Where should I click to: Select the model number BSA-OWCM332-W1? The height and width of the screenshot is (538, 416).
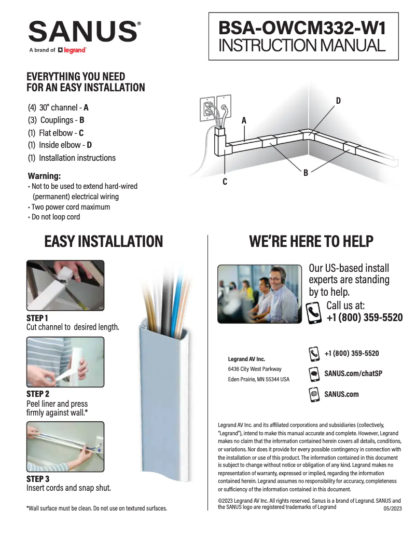pyautogui.click(x=303, y=27)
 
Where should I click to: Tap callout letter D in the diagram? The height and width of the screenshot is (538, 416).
pyautogui.click(x=338, y=101)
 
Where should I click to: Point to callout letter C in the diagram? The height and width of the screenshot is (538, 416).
pyautogui.click(x=225, y=182)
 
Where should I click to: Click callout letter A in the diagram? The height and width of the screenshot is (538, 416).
pyautogui.click(x=243, y=120)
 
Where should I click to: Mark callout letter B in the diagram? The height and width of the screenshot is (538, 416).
pyautogui.click(x=306, y=173)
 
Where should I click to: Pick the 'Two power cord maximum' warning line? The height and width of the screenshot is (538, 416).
pyautogui.click(x=71, y=206)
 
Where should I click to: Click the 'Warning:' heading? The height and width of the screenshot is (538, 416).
pyautogui.click(x=44, y=176)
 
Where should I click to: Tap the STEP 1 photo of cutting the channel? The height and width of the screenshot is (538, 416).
pyautogui.click(x=65, y=285)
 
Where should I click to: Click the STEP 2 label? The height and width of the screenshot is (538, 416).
pyautogui.click(x=38, y=394)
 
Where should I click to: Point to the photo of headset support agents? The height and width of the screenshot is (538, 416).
pyautogui.click(x=259, y=295)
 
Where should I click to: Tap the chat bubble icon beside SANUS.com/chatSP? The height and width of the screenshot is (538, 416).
pyautogui.click(x=314, y=374)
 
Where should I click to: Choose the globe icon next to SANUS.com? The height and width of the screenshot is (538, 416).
pyautogui.click(x=314, y=394)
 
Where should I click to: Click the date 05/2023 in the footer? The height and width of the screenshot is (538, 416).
pyautogui.click(x=392, y=509)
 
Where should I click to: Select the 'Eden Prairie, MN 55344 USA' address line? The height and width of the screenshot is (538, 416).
pyautogui.click(x=259, y=379)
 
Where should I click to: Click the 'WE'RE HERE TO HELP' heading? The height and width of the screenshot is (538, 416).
pyautogui.click(x=311, y=242)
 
